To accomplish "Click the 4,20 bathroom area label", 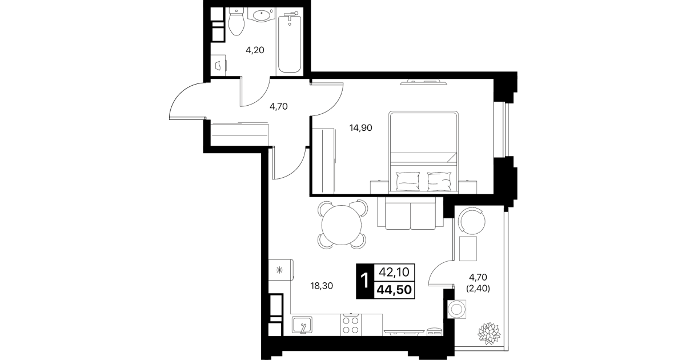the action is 255,50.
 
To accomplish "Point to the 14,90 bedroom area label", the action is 361,128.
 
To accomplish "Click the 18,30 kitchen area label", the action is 322,286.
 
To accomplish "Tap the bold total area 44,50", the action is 394,290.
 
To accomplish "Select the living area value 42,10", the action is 394,272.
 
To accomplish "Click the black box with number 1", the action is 365,281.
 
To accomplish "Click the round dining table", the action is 342,225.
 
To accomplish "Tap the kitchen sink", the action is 302,325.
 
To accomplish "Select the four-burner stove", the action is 351,325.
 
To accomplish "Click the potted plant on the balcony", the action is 489,333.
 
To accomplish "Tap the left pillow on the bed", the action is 408,181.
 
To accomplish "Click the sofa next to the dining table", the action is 410,213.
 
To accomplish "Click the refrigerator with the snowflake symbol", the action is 281,270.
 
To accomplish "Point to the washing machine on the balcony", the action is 456,310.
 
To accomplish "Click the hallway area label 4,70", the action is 278,107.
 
